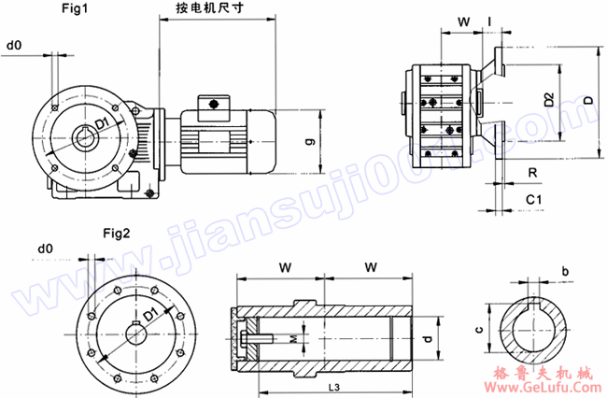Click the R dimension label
click(x=530, y=173)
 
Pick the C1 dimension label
click(x=533, y=200)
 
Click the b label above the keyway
click(x=565, y=271)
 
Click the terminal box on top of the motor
click(x=214, y=103)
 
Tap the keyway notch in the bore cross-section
click(x=534, y=300)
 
